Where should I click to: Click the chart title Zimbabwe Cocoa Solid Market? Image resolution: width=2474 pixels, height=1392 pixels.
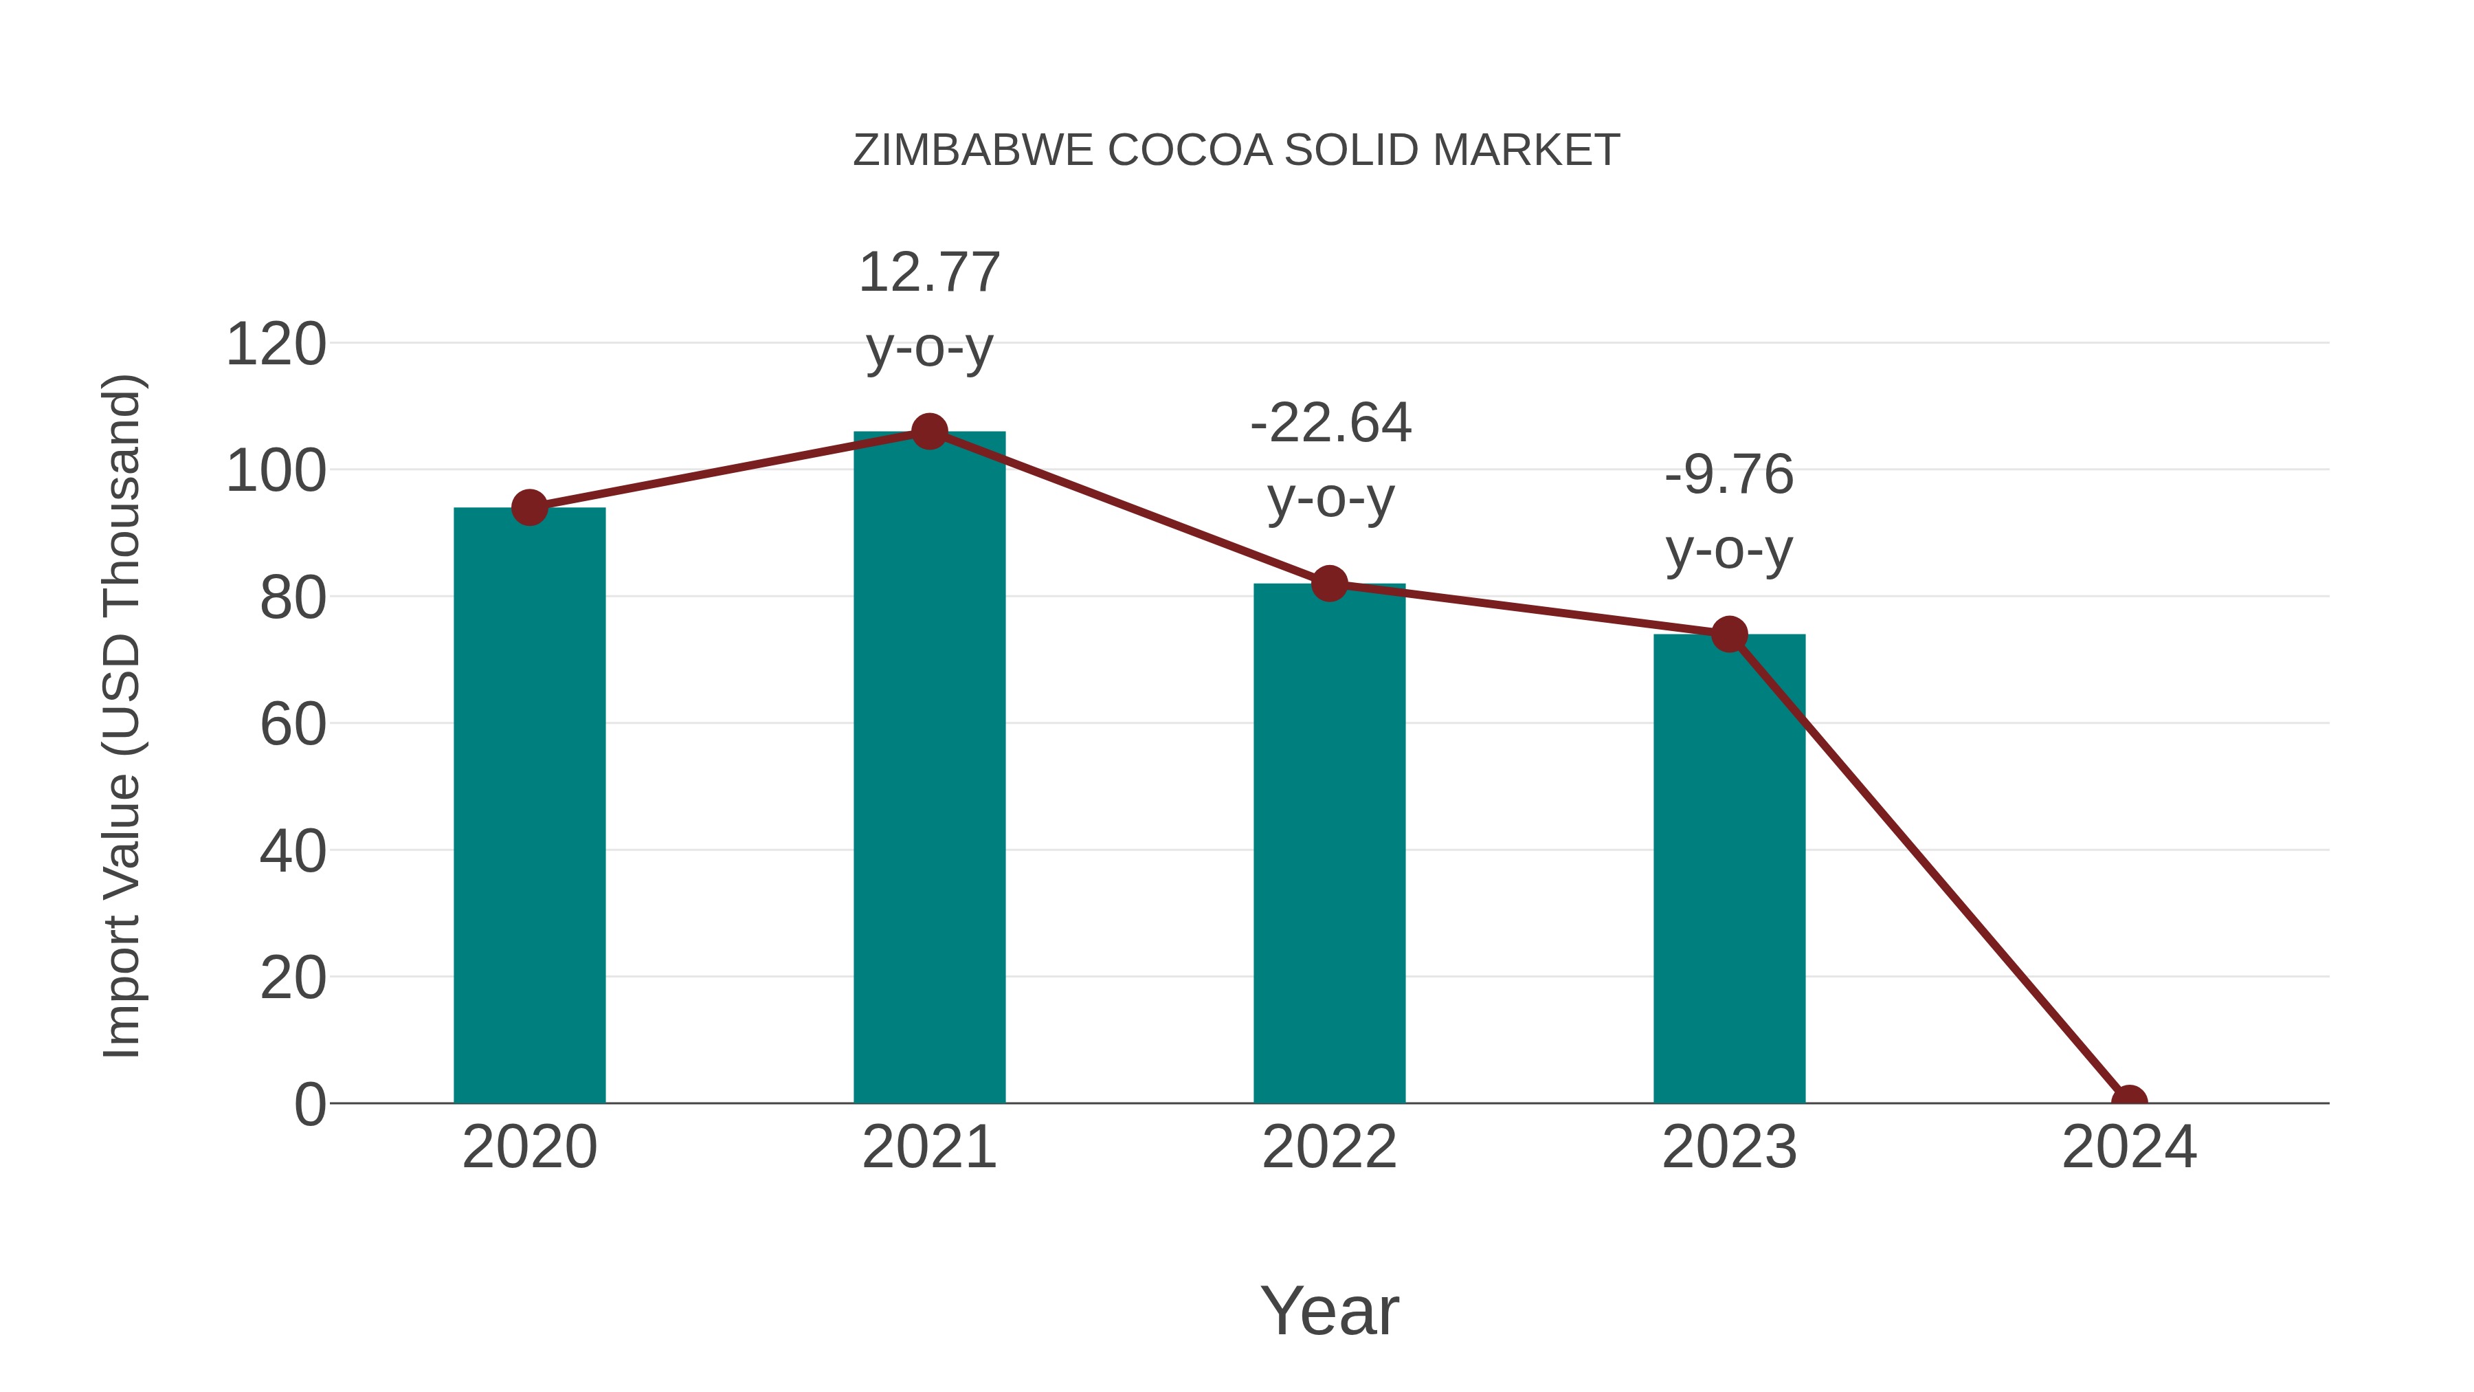click(1236, 151)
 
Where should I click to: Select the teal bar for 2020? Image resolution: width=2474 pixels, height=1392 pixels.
click(529, 807)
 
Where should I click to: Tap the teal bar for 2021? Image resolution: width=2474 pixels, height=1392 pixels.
click(928, 769)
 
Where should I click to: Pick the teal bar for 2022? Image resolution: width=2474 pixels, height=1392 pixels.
click(1329, 846)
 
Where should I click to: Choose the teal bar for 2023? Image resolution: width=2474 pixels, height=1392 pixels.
click(1729, 870)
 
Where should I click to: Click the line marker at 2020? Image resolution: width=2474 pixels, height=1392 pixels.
click(529, 507)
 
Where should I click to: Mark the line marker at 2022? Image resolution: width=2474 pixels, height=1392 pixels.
click(1329, 583)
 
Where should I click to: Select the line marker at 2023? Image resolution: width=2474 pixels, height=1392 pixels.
click(1729, 634)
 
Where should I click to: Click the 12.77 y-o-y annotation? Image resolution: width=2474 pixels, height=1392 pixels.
click(928, 309)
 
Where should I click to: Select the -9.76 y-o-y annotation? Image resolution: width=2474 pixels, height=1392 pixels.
click(1729, 512)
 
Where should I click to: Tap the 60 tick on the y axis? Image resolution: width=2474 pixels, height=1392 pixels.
click(292, 725)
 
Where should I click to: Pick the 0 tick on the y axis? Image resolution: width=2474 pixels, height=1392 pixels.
click(309, 1104)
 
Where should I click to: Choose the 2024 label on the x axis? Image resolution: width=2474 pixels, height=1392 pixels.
click(2128, 1147)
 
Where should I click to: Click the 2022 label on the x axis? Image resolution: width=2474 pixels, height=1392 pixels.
click(1329, 1147)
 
